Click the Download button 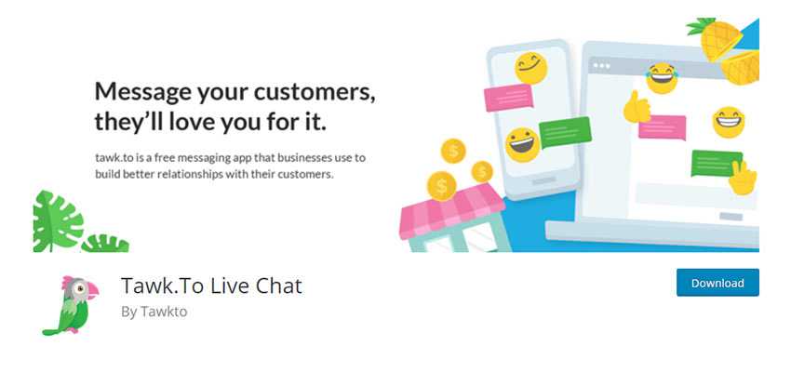717,283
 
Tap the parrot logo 71,305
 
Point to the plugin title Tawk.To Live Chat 211,286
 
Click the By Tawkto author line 154,312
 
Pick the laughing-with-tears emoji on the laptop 662,77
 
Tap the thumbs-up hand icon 637,107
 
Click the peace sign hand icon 743,177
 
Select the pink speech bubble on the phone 509,98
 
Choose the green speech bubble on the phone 565,132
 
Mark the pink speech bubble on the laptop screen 663,127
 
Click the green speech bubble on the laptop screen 717,163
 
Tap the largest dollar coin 441,187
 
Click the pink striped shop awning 451,210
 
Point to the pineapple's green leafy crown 702,26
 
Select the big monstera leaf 58,220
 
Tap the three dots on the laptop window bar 602,65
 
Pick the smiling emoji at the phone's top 530,68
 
